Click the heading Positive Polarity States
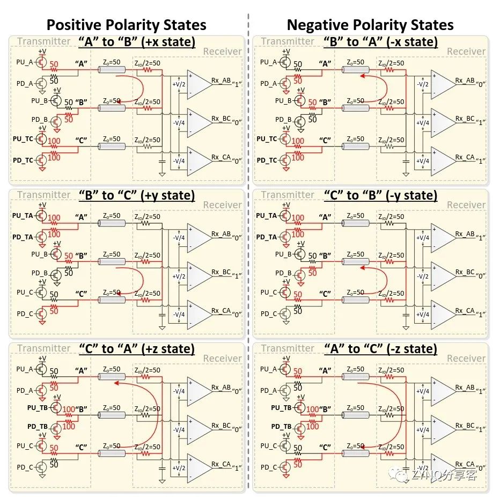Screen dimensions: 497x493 126,25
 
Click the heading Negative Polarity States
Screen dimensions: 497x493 370,25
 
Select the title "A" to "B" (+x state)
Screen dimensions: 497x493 137,42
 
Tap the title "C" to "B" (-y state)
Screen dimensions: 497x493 381,195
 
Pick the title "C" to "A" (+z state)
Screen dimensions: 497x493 137,349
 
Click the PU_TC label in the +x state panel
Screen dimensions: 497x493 24,139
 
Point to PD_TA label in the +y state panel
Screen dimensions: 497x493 24,237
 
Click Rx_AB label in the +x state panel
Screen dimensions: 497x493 220,81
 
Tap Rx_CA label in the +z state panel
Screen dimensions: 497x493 220,464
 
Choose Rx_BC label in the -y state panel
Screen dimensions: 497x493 465,272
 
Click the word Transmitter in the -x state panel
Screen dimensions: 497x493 288,41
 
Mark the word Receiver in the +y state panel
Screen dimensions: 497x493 222,205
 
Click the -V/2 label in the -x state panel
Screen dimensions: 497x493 423,84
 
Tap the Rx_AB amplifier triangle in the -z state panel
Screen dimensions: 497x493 443,391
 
